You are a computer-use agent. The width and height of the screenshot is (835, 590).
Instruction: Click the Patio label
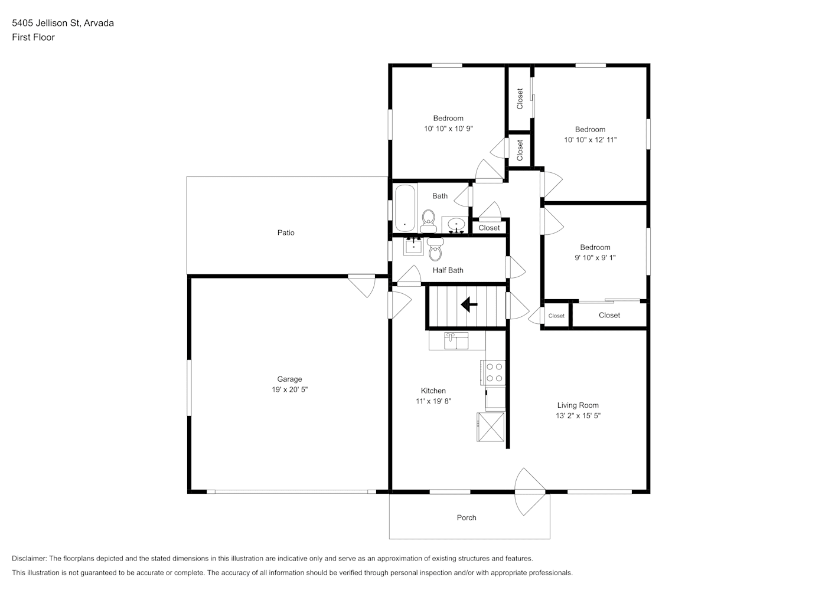(x=286, y=233)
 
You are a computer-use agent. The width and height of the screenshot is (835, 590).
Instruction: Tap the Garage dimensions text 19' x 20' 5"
(x=289, y=389)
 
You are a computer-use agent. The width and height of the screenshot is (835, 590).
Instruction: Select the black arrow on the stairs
(x=469, y=304)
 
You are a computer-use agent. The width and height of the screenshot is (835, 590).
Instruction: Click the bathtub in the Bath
(x=405, y=208)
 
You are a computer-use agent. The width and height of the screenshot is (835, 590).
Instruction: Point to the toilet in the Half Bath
(x=435, y=249)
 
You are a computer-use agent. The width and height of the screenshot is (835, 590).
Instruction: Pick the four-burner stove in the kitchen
(x=493, y=372)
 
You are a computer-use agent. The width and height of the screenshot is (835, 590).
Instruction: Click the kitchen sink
(x=456, y=341)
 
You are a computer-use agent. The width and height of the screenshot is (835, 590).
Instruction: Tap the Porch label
(x=467, y=518)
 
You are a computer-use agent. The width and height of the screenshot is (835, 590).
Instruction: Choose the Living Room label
(x=578, y=405)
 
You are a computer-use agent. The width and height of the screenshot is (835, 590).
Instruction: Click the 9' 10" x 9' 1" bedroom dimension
(x=595, y=258)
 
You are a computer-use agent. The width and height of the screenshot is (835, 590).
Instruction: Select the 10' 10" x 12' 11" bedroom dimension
(x=591, y=140)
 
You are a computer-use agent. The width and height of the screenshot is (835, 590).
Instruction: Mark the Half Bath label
(x=448, y=270)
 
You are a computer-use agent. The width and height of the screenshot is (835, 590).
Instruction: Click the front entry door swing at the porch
(x=529, y=491)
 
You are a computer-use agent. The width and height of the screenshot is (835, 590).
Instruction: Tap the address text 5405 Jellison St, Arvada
(x=63, y=23)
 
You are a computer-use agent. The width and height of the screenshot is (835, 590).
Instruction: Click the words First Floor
(x=33, y=37)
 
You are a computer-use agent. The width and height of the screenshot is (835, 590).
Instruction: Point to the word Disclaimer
(x=29, y=558)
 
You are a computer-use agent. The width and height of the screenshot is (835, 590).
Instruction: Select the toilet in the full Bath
(x=429, y=221)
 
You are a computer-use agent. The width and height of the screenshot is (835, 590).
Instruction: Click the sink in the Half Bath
(x=413, y=246)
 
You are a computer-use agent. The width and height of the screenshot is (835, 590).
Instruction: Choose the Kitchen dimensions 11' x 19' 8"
(x=433, y=401)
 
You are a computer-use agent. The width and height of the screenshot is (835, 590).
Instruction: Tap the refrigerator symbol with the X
(x=491, y=427)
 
